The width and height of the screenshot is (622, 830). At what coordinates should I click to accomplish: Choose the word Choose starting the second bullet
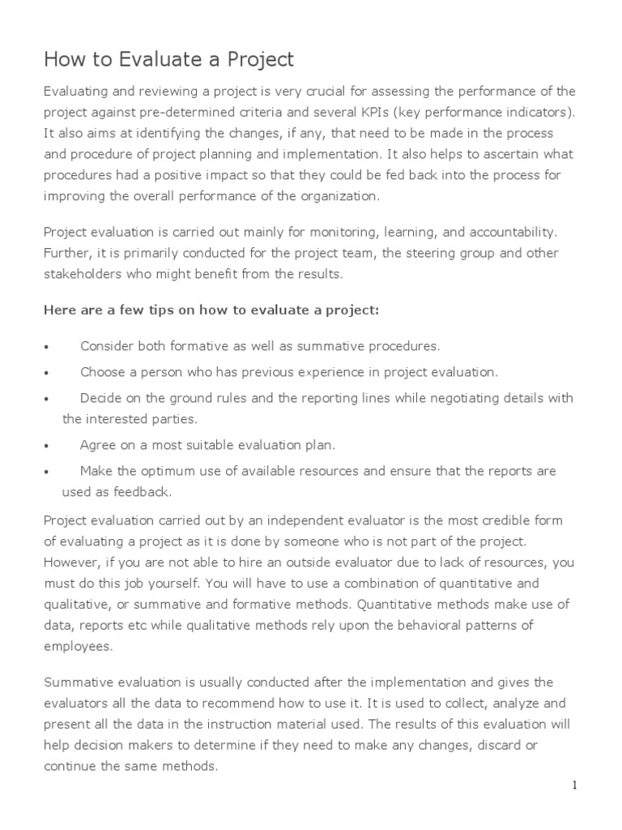103,372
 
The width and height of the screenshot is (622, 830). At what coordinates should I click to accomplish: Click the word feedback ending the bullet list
146,492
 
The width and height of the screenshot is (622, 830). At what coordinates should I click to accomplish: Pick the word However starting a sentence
71,563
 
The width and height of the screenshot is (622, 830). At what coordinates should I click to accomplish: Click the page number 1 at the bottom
573,785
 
